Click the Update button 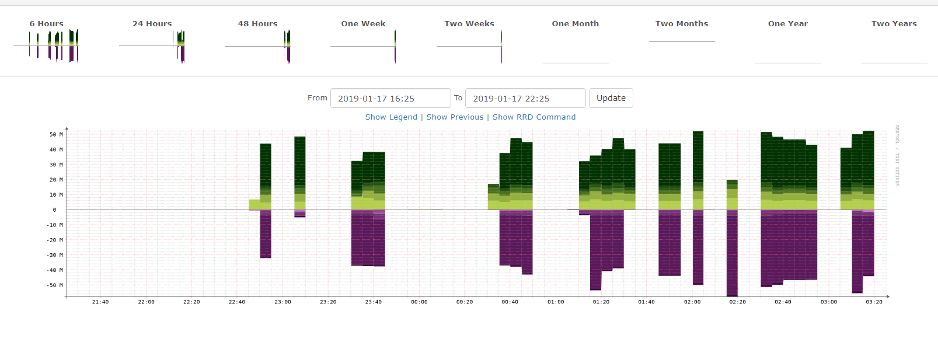click(611, 98)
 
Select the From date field click(390, 98)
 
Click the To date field click(525, 98)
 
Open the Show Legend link click(391, 117)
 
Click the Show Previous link click(455, 117)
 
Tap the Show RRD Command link click(533, 117)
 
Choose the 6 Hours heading click(47, 24)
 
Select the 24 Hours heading click(152, 24)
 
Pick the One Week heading click(363, 24)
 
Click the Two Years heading click(894, 24)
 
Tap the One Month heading click(575, 24)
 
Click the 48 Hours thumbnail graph click(257, 46)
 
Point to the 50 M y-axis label click(56, 135)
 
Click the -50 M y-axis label click(55, 285)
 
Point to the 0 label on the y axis click(54, 210)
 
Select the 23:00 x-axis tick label click(283, 302)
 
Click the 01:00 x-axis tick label click(556, 302)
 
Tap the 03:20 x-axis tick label click(874, 302)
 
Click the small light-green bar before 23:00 click(254, 204)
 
